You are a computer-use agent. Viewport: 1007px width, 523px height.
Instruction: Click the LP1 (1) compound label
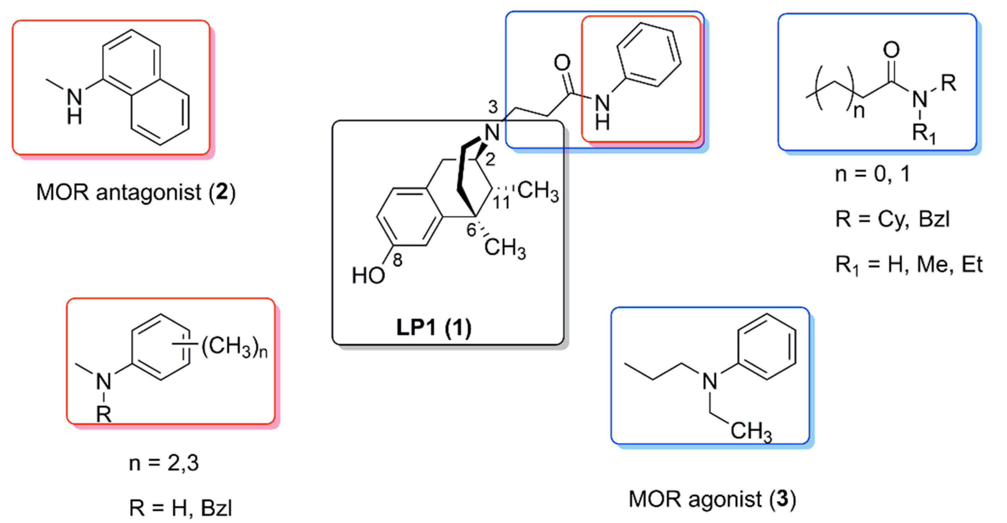point(434,327)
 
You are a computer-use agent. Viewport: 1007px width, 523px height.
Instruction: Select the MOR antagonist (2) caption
point(136,193)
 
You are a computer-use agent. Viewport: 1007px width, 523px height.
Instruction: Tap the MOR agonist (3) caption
point(712,499)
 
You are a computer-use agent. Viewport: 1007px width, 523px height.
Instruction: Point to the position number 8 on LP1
point(398,260)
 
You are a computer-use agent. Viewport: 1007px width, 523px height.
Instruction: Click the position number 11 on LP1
point(501,202)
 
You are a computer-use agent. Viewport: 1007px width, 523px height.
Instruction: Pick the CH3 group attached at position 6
point(505,248)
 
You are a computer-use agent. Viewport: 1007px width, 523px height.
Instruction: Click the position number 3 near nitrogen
point(493,106)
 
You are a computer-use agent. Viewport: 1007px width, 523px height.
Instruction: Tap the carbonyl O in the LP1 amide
point(562,63)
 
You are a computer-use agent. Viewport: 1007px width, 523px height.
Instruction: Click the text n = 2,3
point(164,463)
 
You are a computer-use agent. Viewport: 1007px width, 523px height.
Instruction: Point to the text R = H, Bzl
point(181,508)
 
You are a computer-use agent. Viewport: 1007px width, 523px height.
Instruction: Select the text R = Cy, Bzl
point(893,219)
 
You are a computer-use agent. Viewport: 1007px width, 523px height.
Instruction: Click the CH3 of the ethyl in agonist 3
point(751,432)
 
